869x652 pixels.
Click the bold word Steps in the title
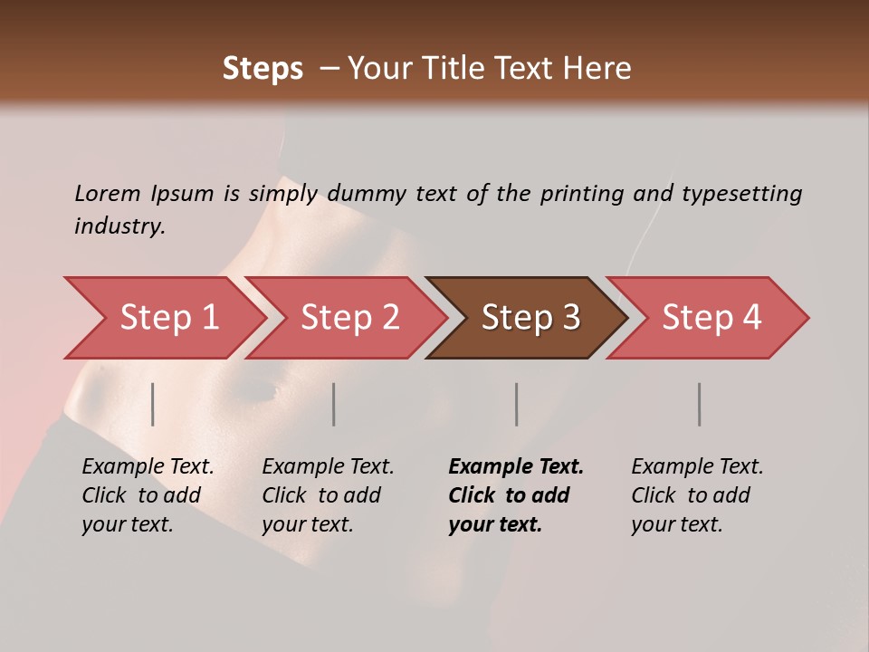click(x=263, y=69)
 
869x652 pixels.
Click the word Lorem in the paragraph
click(x=108, y=193)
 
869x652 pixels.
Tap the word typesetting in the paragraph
click(x=742, y=193)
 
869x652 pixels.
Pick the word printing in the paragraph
click(x=582, y=193)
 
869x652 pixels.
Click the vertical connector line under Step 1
click(x=153, y=404)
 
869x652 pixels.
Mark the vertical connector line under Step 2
click(x=334, y=404)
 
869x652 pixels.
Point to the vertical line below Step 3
click(x=517, y=404)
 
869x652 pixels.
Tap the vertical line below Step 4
click(x=700, y=404)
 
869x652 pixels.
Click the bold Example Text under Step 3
click(x=516, y=466)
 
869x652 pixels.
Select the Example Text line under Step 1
click(x=148, y=466)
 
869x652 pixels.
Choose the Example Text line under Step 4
click(x=697, y=466)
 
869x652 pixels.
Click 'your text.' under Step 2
click(x=307, y=524)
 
